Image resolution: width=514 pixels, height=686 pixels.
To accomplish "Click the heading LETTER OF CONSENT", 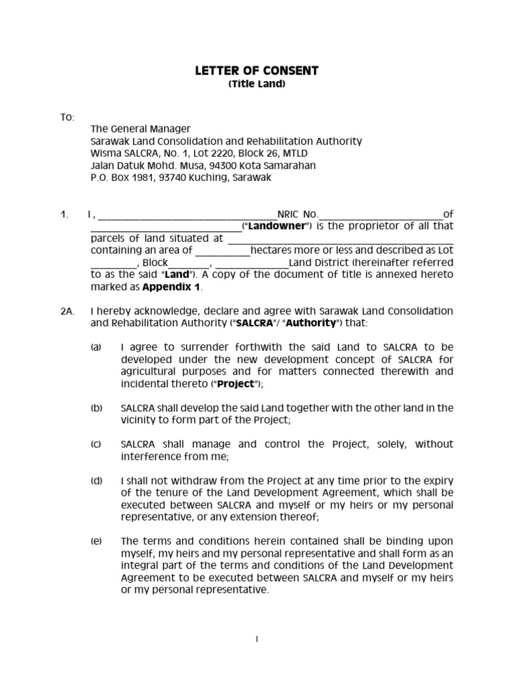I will [256, 70].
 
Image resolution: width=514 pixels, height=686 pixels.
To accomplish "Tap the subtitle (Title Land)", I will [256, 84].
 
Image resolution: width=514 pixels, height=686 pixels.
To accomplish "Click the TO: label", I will [68, 117].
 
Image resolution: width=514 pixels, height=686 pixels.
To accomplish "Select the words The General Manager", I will [141, 129].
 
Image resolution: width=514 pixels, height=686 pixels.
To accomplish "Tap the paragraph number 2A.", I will [68, 312].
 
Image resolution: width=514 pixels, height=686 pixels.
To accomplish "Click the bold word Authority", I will [309, 324].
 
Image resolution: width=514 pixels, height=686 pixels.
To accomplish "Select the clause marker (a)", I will [97, 348].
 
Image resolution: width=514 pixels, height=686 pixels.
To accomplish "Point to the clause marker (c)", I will [97, 444].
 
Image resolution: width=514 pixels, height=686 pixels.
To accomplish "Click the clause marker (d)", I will [97, 480].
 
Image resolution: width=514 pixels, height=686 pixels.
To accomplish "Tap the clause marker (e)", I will [97, 541].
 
